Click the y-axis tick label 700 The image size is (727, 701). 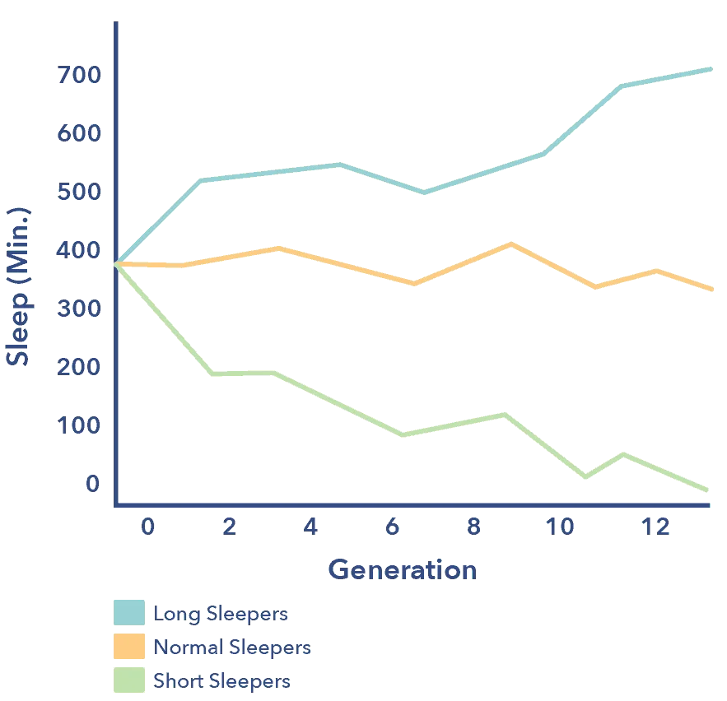(79, 76)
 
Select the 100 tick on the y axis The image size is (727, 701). (79, 425)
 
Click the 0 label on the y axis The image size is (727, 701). (92, 484)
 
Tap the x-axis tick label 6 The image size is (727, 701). (393, 527)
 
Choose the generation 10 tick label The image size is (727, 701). (562, 527)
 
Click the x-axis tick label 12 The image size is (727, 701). (655, 527)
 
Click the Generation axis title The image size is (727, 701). (403, 569)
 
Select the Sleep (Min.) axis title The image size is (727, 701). (18, 286)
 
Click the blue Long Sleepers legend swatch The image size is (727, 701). (128, 613)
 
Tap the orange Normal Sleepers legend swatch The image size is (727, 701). (128, 647)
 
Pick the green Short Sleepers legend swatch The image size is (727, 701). (128, 680)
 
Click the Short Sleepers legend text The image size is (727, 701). (221, 681)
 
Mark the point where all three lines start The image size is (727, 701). (116, 264)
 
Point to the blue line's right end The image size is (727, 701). (710, 69)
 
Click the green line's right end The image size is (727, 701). (708, 490)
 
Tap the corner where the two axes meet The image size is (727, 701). (115, 503)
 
